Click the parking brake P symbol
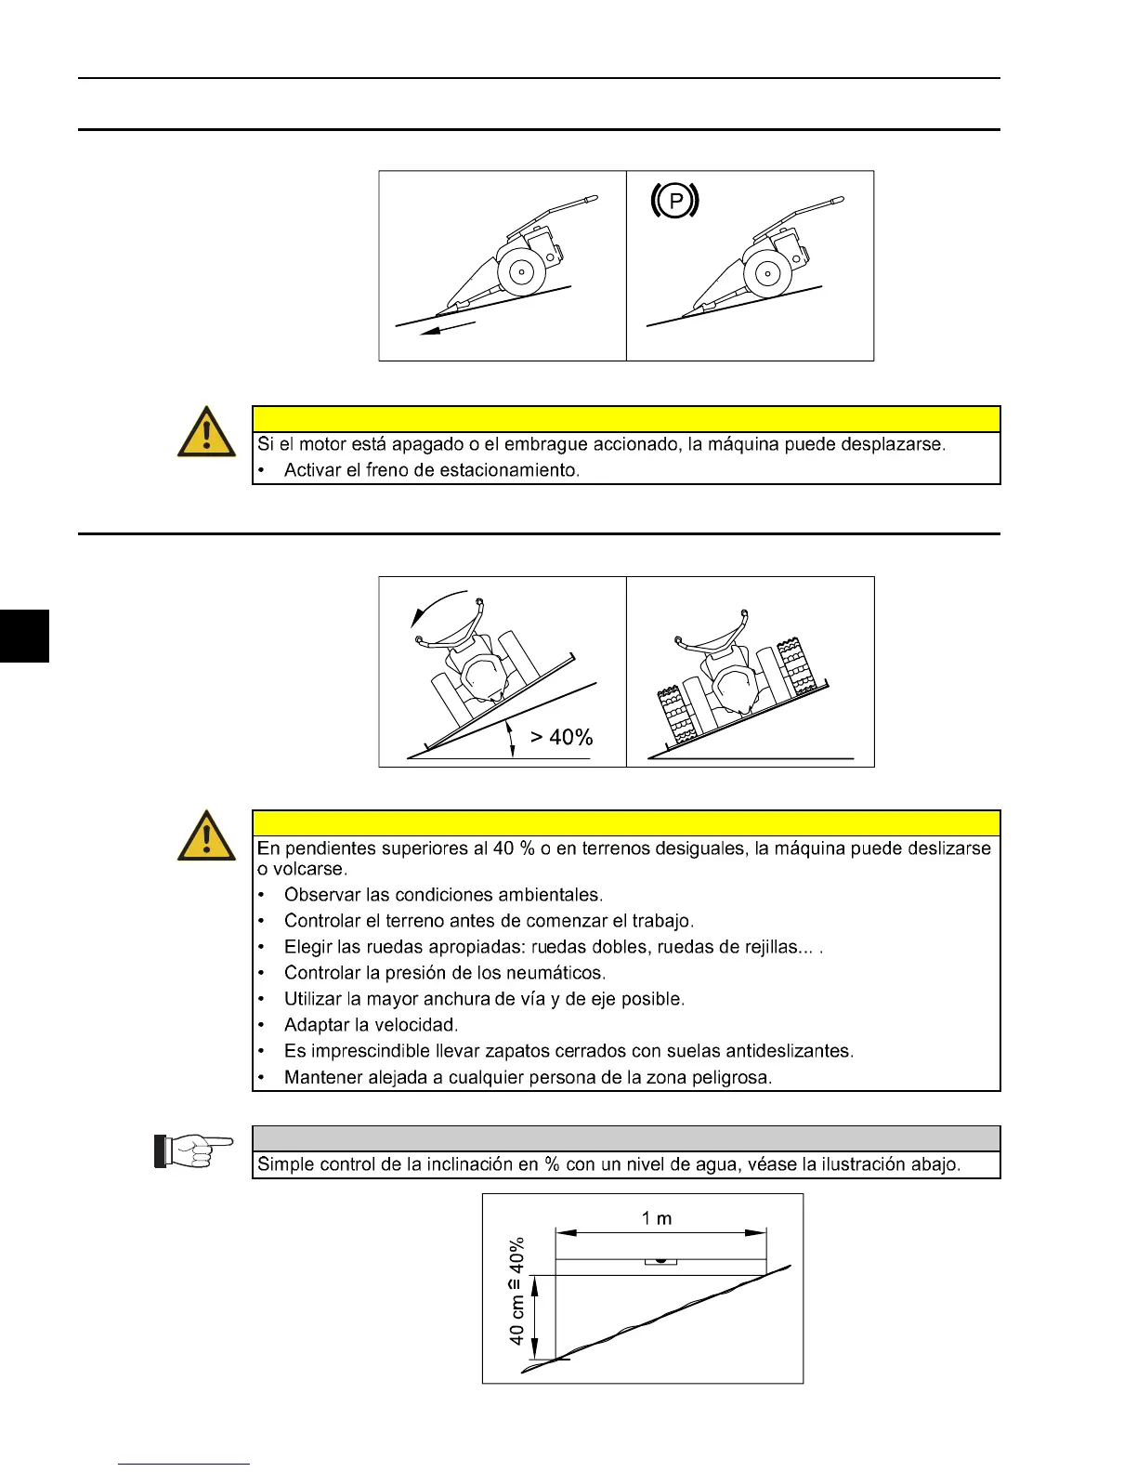[675, 201]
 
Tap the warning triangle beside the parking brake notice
[206, 432]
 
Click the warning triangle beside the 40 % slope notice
[206, 835]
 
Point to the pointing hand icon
[194, 1150]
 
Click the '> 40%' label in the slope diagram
[561, 737]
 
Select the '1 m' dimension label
[657, 1218]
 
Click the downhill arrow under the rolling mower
[448, 328]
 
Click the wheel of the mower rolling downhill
[520, 273]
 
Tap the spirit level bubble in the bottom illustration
[660, 1261]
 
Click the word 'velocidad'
[415, 1025]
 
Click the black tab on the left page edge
[24, 636]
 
